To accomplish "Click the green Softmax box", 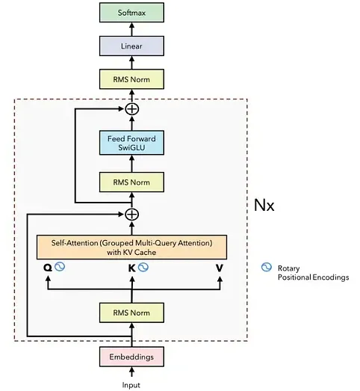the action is (131, 13).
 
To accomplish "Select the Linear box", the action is (131, 46).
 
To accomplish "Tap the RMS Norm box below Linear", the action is (131, 79).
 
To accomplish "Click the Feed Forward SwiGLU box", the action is (131, 143).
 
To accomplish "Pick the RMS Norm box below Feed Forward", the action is (131, 182).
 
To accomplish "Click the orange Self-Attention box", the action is (131, 247).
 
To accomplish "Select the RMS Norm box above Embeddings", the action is (131, 313).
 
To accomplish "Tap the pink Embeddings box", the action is (131, 357).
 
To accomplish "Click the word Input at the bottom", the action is (131, 385).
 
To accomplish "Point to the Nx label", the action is (264, 206).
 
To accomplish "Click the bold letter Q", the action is (48, 268).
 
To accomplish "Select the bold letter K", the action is (131, 268).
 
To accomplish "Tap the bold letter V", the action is (220, 268).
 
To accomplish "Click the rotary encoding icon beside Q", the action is (60, 267).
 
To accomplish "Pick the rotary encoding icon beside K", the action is (143, 267).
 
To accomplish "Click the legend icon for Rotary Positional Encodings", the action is (267, 267).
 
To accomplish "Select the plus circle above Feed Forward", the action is (131, 108).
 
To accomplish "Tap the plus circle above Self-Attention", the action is (131, 215).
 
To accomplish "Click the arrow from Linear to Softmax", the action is (131, 29).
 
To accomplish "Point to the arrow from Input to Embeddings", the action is (131, 372).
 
